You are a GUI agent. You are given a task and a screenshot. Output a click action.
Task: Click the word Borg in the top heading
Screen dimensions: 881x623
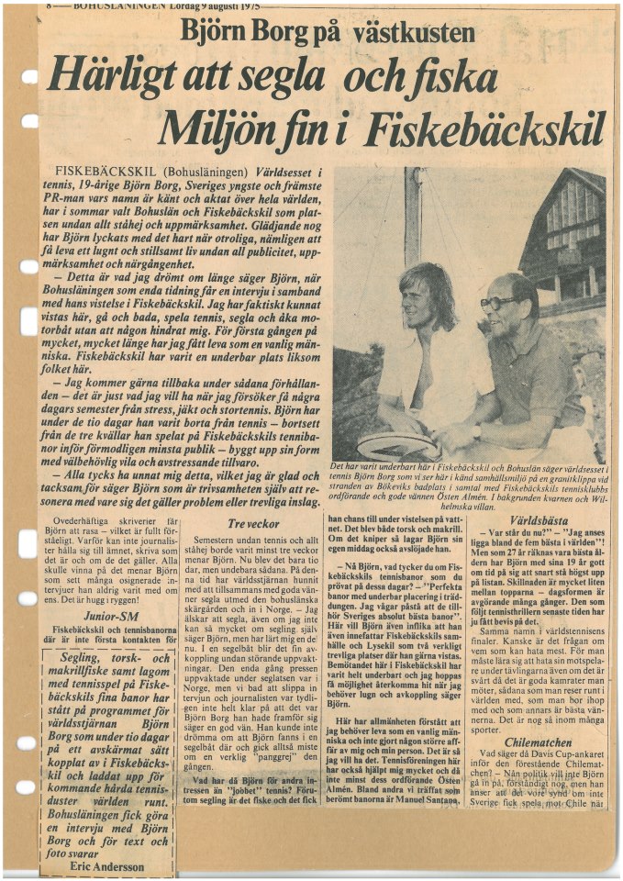click(x=278, y=34)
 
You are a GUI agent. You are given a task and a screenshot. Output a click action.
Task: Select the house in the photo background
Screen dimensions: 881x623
click(x=561, y=229)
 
